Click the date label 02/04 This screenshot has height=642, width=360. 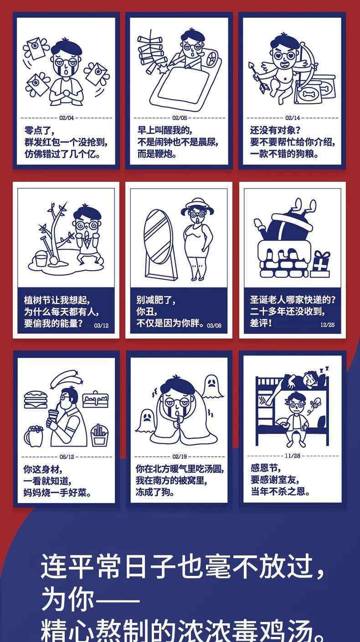(x=67, y=118)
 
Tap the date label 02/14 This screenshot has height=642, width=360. (x=293, y=118)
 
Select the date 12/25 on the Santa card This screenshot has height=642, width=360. (x=327, y=325)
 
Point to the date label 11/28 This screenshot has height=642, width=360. (x=293, y=456)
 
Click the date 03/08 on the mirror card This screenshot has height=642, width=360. (x=214, y=325)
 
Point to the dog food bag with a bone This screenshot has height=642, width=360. (x=315, y=89)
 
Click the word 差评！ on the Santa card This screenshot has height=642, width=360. (x=261, y=323)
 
